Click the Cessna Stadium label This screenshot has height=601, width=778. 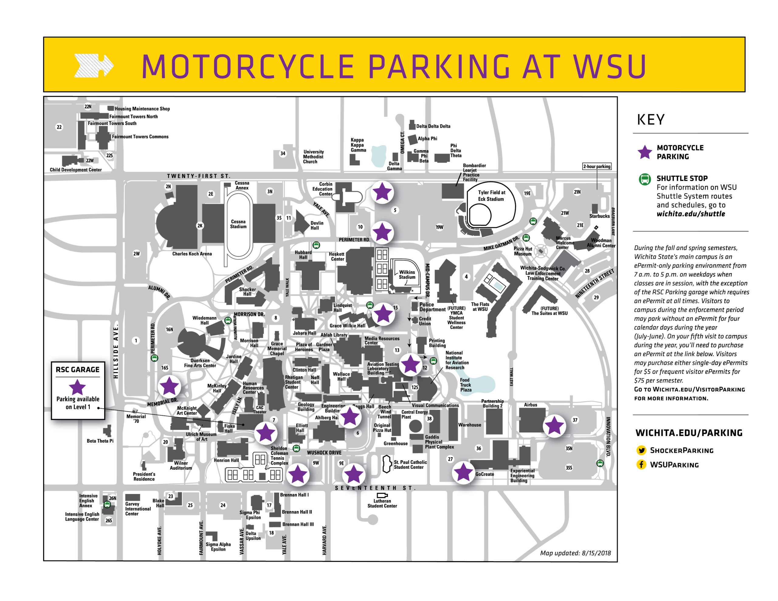point(238,224)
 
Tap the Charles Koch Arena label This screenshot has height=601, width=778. point(192,254)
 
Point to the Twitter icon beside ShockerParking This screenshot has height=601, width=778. point(641,450)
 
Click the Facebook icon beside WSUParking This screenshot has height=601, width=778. point(641,465)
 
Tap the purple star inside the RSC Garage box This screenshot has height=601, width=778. point(77,387)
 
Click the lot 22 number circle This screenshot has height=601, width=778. point(59,127)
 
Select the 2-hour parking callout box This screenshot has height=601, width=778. point(597,167)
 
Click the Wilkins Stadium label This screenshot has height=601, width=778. point(407,274)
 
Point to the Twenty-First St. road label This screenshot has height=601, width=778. point(198,176)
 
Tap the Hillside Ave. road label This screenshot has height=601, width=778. point(116,351)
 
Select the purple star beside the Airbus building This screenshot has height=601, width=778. point(554,426)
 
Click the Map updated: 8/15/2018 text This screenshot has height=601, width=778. point(575,553)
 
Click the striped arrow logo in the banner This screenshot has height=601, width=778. point(94,66)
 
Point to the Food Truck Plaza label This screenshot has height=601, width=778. point(465,385)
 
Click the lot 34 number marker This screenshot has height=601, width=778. point(283,153)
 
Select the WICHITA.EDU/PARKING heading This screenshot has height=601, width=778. point(689,433)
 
